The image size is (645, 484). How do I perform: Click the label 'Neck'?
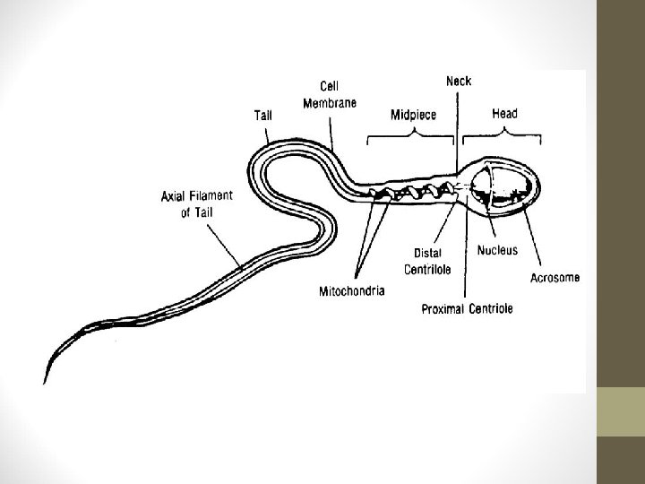click(x=460, y=82)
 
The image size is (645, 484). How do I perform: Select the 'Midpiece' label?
click(x=412, y=115)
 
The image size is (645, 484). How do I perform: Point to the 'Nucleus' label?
click(x=498, y=251)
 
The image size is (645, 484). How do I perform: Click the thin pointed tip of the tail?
click(x=47, y=376)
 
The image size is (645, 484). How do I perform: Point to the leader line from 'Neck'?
click(x=459, y=125)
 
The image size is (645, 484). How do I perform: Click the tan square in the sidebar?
click(x=621, y=411)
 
